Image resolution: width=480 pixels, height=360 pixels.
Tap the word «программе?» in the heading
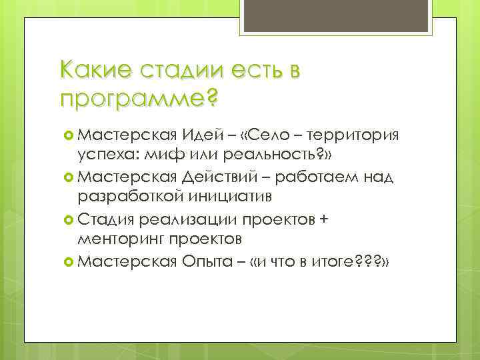click(139, 98)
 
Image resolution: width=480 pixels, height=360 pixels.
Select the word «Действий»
click(217, 177)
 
